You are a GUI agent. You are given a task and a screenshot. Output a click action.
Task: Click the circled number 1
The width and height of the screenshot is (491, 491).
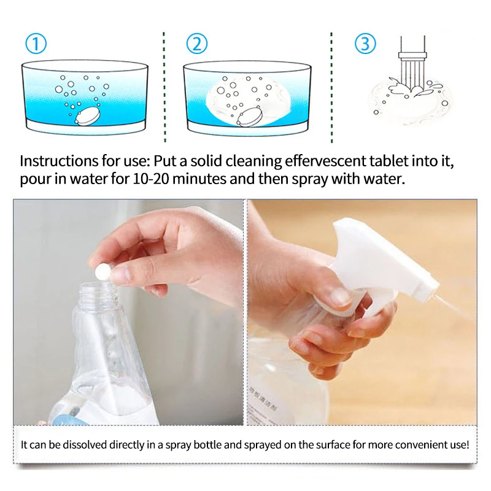(36, 44)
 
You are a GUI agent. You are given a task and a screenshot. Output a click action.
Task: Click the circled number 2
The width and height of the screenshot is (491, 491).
(196, 44)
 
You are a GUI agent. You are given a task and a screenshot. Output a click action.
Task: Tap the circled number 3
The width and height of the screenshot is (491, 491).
(365, 44)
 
